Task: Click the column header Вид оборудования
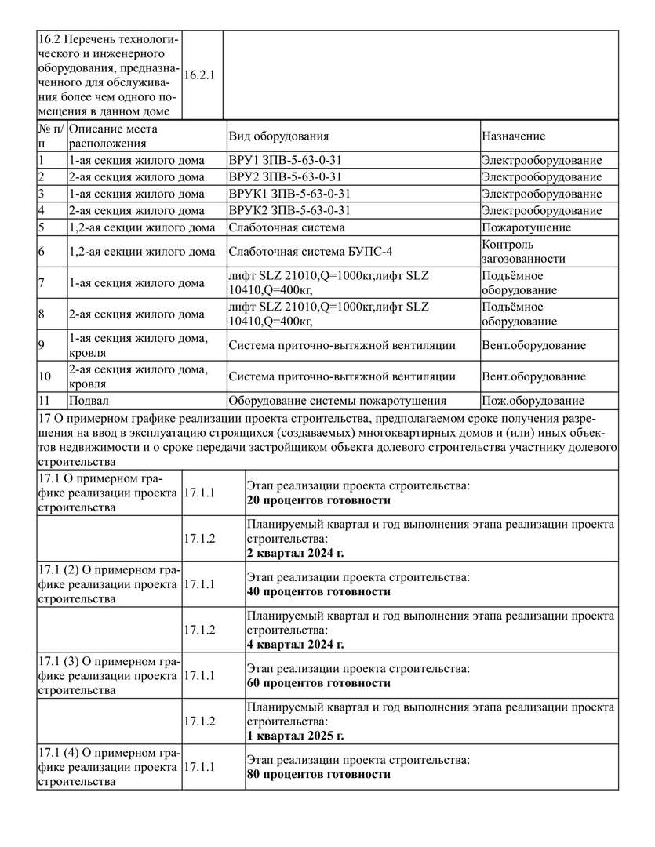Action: coord(278,136)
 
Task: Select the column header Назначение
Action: coord(514,136)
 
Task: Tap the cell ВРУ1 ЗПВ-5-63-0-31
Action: coord(286,160)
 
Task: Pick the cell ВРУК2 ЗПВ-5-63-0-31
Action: coord(289,210)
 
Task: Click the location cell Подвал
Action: coord(89,400)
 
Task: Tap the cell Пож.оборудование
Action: coord(533,400)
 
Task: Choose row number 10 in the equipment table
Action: coord(45,376)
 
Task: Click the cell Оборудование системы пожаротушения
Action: coord(337,400)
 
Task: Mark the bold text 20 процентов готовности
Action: coord(318,500)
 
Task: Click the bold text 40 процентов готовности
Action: coord(318,591)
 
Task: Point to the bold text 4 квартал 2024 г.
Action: coord(295,645)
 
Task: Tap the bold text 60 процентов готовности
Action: coord(318,683)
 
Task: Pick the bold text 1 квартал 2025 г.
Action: coord(295,736)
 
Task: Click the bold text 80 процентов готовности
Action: coord(318,774)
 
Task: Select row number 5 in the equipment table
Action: coord(42,227)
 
